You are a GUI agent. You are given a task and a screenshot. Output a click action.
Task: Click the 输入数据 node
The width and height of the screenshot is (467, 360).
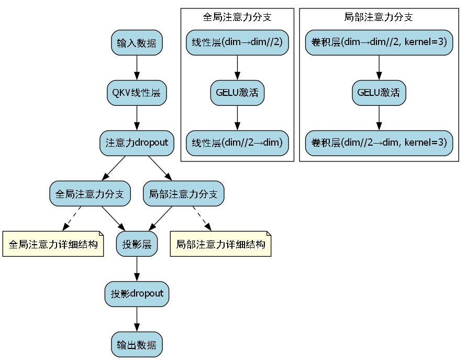137,42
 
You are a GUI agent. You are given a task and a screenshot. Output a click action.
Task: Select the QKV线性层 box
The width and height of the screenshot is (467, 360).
137,93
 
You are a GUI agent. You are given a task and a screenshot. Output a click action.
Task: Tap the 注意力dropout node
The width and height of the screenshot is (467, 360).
137,143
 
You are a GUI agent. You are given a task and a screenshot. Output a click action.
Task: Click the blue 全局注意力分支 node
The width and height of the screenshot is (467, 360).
90,194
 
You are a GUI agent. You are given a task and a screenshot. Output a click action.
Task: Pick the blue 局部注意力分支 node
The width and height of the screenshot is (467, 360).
184,194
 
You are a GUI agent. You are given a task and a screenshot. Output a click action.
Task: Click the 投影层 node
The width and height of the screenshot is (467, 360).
137,244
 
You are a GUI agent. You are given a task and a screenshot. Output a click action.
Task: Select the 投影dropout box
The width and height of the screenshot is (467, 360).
137,294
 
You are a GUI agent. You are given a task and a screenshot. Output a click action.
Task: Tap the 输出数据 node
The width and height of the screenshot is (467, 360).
137,345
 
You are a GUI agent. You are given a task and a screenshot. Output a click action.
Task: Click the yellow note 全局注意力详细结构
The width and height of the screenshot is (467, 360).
53,244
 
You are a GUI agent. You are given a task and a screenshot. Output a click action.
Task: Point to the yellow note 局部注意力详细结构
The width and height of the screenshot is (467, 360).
220,244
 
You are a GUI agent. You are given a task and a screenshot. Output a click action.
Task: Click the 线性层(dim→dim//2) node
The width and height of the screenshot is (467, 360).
237,42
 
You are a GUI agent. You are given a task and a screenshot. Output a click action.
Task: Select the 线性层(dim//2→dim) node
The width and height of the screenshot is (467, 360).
237,143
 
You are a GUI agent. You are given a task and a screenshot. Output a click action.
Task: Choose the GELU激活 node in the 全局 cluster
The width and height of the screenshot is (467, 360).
237,93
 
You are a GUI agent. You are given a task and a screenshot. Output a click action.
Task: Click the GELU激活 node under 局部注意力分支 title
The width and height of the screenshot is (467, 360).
379,93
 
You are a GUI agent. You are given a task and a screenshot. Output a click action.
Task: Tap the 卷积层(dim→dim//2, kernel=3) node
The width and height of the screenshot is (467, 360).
379,42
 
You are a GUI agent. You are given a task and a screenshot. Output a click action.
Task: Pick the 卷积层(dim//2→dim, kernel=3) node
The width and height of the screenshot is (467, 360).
379,143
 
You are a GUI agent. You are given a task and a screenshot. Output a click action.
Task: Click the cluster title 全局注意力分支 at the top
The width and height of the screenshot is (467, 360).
237,17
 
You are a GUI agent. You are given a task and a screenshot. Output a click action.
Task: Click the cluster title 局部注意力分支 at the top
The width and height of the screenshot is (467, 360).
379,17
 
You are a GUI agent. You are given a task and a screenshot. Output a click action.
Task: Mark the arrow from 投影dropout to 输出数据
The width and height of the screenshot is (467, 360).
137,319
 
